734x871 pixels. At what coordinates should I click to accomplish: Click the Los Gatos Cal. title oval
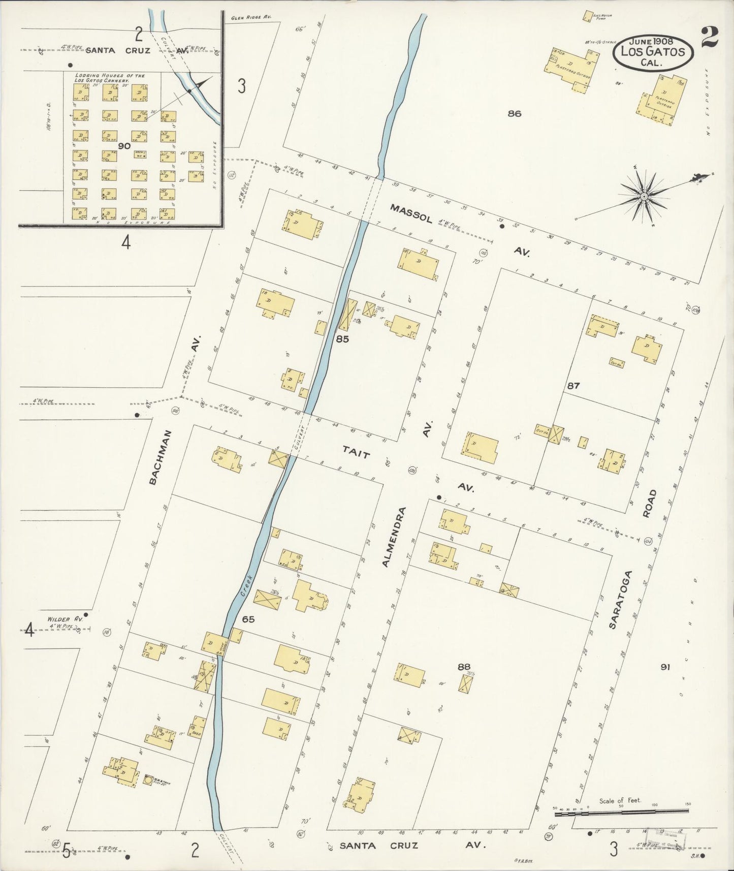click(x=653, y=51)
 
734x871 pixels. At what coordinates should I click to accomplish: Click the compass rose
click(x=644, y=196)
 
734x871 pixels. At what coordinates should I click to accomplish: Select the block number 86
click(x=514, y=114)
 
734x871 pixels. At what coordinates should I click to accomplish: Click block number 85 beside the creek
click(x=342, y=339)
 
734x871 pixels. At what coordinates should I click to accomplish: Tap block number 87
click(x=573, y=386)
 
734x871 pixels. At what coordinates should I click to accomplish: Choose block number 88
click(x=463, y=666)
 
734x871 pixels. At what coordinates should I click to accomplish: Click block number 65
click(x=248, y=619)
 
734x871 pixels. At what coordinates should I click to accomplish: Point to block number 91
click(x=665, y=667)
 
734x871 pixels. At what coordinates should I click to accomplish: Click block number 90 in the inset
click(x=124, y=146)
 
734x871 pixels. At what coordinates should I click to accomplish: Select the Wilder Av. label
click(x=65, y=619)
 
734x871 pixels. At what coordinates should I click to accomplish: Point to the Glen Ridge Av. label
click(x=251, y=17)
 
